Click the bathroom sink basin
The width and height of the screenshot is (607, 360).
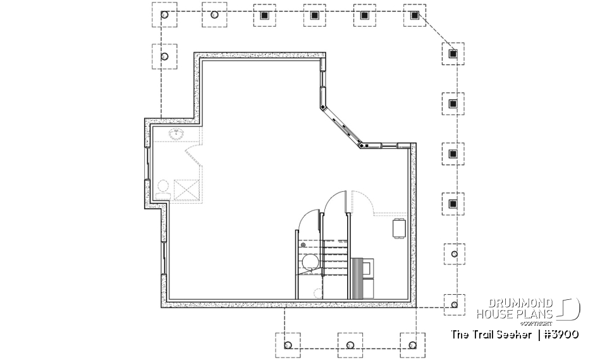point(176,133)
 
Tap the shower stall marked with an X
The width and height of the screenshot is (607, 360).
point(187,189)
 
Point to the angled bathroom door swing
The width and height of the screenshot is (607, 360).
point(192,156)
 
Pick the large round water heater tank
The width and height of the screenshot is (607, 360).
point(309,262)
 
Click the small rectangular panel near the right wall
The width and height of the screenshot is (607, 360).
point(399,228)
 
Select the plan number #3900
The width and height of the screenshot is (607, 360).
point(561,335)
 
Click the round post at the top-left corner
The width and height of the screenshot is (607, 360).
point(165,15)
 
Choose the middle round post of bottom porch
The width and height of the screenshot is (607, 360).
point(350,345)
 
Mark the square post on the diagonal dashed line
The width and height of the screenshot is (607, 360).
point(453,54)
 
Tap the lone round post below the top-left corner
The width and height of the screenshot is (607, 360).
point(165,57)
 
